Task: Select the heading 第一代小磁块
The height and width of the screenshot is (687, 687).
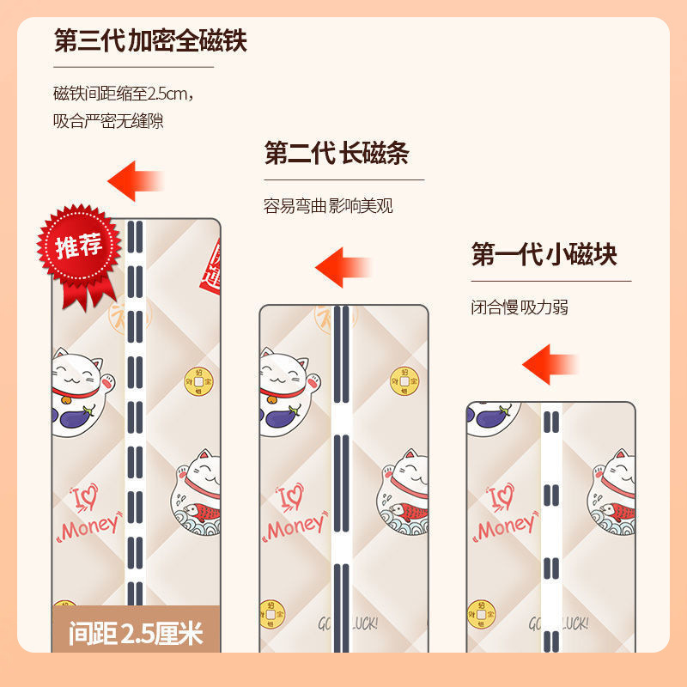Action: pyautogui.click(x=544, y=255)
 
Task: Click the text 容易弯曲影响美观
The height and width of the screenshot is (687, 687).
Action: pyautogui.click(x=328, y=207)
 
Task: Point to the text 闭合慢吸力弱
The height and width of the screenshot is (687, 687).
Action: pyautogui.click(x=520, y=307)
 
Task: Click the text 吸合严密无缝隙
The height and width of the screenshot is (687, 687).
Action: pyautogui.click(x=108, y=120)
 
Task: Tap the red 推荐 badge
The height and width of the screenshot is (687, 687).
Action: pyautogui.click(x=78, y=247)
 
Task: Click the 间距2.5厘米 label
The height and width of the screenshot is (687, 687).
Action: pyautogui.click(x=136, y=634)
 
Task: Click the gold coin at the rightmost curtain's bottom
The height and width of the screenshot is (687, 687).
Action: pyautogui.click(x=481, y=614)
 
